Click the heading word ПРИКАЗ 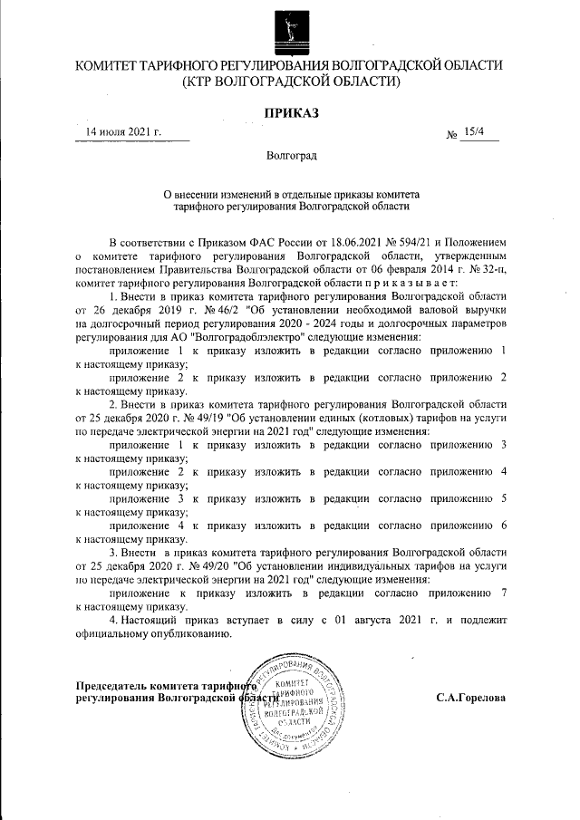(x=290, y=113)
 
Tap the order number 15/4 (x=473, y=133)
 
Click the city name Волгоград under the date (x=291, y=157)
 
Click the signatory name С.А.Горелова (x=470, y=699)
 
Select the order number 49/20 (x=236, y=563)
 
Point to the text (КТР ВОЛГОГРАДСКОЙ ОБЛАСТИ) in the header (x=290, y=82)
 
